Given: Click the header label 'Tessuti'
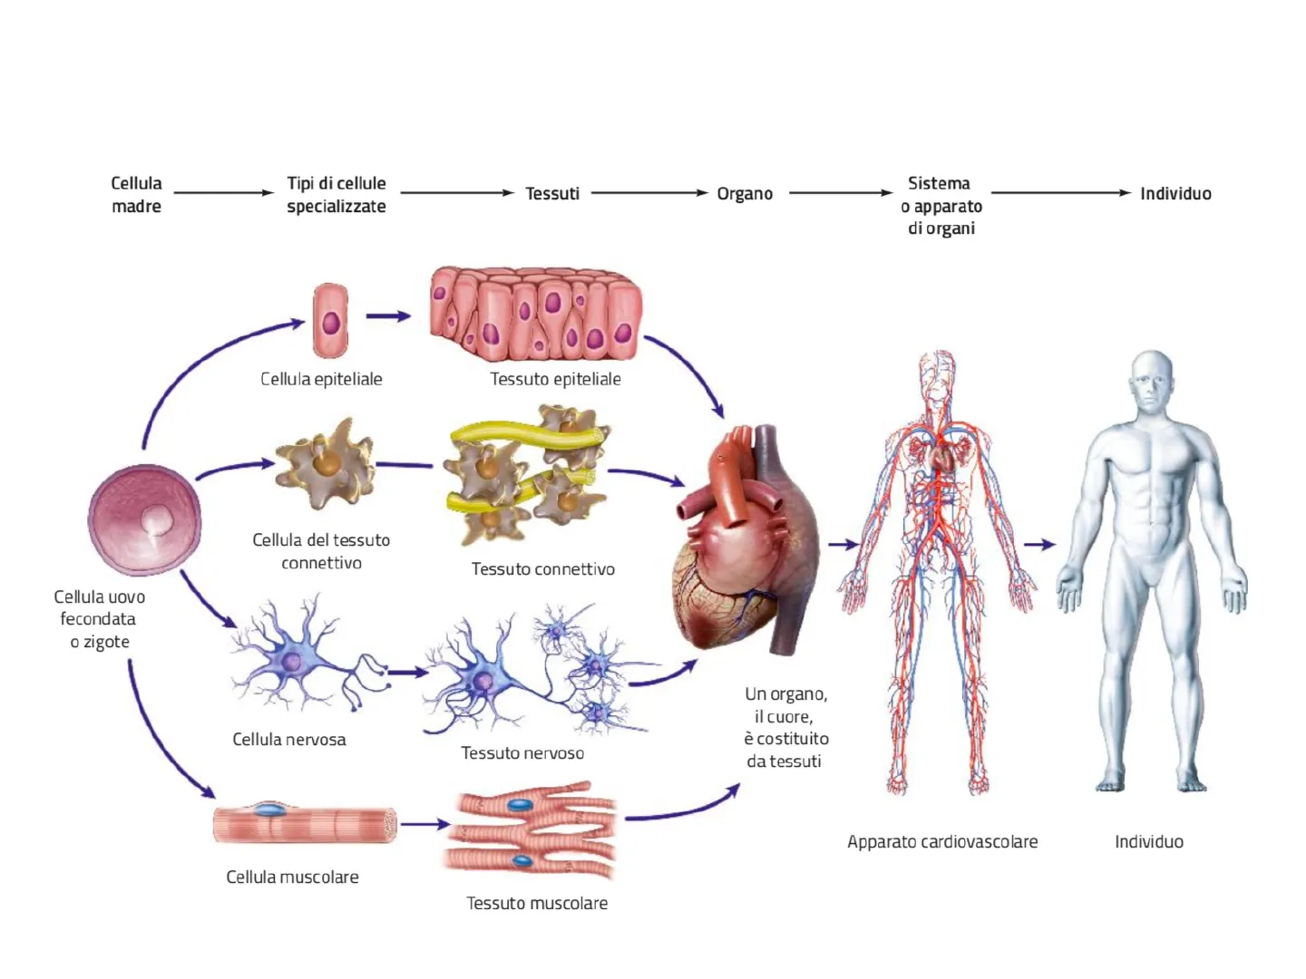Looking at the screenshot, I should [x=552, y=193].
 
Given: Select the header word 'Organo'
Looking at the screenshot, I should [x=745, y=193].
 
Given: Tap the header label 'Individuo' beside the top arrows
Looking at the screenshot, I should [x=1175, y=193].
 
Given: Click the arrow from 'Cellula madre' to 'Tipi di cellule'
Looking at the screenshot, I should [x=223, y=192].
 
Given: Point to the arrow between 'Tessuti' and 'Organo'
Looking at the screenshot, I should [x=648, y=192].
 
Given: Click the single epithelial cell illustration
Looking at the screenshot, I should [x=330, y=321].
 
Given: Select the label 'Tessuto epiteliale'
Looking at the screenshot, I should [x=555, y=379].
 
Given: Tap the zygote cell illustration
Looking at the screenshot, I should [x=145, y=520].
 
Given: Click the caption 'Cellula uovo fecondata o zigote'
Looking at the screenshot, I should [x=99, y=619].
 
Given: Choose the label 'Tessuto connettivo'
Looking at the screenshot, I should [x=542, y=569].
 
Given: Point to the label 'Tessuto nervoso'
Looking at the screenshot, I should [x=522, y=753].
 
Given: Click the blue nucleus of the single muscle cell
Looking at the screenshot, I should [x=268, y=809].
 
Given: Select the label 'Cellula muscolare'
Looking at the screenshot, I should [x=292, y=877].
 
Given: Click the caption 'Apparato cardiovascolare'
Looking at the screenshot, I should [x=942, y=841].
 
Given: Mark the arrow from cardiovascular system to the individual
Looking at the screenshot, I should [x=1040, y=545].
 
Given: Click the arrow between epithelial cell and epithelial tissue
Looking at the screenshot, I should [x=388, y=316].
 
